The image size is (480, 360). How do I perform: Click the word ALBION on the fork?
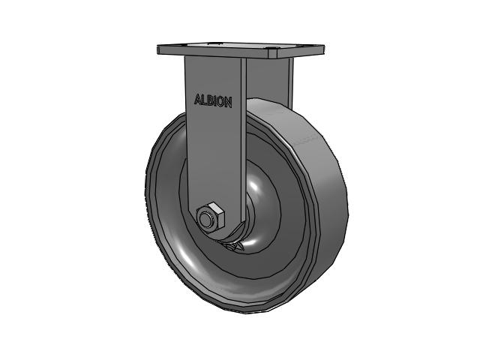(213, 100)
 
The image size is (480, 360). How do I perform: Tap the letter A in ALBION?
(197, 99)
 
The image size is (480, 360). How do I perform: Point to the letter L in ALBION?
(204, 100)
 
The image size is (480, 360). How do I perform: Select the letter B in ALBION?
(210, 100)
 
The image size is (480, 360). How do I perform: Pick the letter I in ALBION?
(215, 101)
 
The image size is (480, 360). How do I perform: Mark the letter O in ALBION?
(220, 102)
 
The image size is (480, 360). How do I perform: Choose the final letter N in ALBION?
(228, 103)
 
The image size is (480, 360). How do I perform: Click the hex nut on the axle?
(211, 217)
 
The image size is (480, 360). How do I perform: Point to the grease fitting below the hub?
(235, 247)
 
